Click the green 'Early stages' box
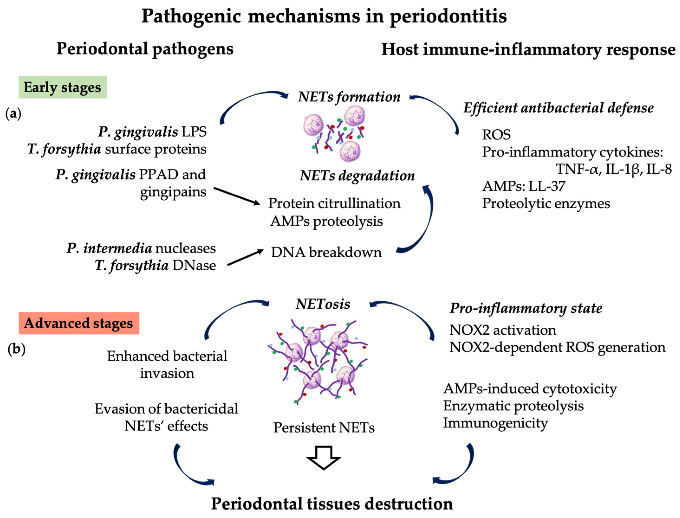(x=63, y=87)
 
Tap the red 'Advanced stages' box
(x=79, y=323)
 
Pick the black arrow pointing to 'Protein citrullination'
(x=237, y=196)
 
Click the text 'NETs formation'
(x=349, y=97)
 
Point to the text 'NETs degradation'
(x=357, y=176)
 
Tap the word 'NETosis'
(x=323, y=304)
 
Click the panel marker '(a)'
(x=13, y=114)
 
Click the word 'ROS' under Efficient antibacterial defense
(x=496, y=134)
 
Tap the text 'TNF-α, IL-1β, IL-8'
(x=613, y=169)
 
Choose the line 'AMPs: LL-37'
(x=524, y=186)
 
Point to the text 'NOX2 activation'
(x=503, y=330)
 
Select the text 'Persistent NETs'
(x=324, y=428)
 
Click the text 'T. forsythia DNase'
(x=155, y=265)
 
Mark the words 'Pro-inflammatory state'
(x=526, y=308)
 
